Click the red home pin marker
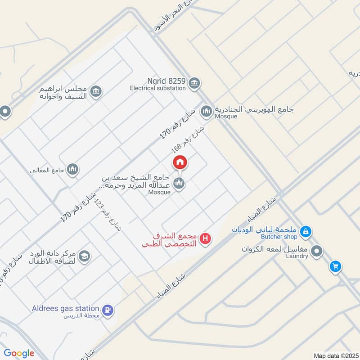point(180,162)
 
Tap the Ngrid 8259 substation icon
point(194,83)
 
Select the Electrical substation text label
point(158,89)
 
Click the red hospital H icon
point(206,238)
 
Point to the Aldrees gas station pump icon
point(108,310)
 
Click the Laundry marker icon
point(317,251)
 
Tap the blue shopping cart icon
point(335,267)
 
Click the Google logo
point(19,353)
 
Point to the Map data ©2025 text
point(335,355)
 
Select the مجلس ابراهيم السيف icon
point(95,92)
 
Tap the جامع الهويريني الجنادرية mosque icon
point(207,111)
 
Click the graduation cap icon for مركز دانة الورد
point(84,256)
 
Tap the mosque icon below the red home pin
point(179,183)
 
